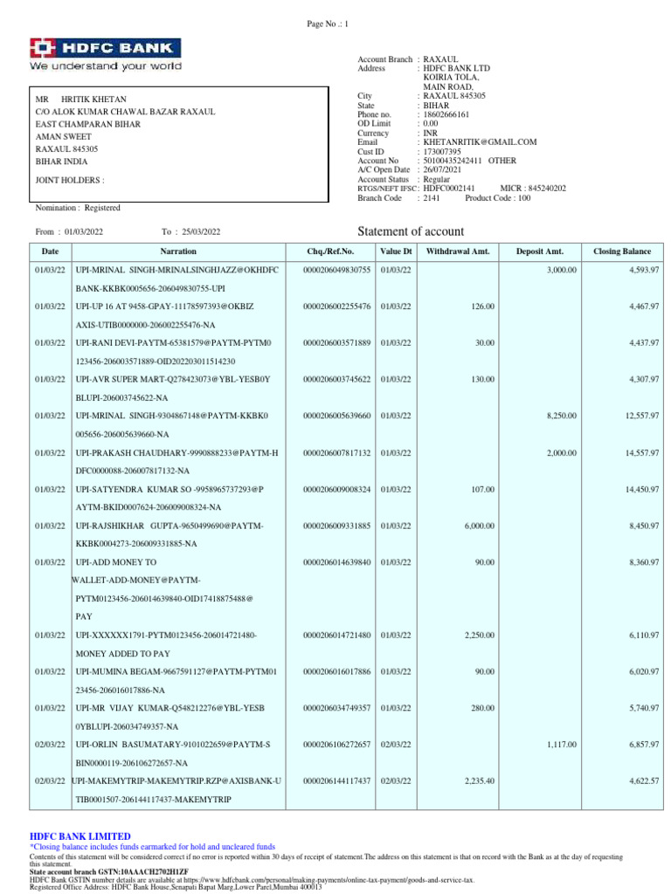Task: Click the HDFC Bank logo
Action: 106,54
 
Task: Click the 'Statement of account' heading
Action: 412,231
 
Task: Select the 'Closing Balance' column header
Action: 622,251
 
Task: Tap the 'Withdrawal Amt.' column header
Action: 458,251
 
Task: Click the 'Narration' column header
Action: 172,251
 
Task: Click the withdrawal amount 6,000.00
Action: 478,526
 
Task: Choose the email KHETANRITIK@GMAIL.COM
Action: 480,141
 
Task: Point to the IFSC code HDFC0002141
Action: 449,189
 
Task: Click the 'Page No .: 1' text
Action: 327,24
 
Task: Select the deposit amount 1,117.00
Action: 561,744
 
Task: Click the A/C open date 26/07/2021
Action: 443,169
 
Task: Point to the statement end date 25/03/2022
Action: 202,232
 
